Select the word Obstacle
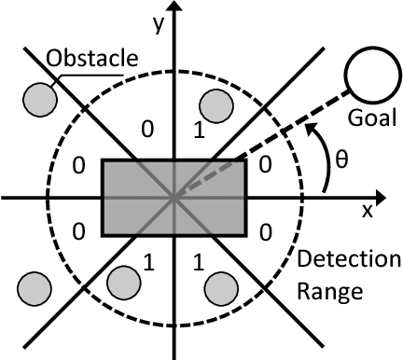click(96, 61)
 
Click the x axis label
click(368, 212)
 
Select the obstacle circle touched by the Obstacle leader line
click(39, 96)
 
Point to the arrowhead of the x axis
click(391, 197)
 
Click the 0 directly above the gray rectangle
click(146, 130)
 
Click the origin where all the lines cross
click(174, 197)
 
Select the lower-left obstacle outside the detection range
click(35, 286)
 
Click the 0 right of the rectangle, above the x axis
click(265, 164)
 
